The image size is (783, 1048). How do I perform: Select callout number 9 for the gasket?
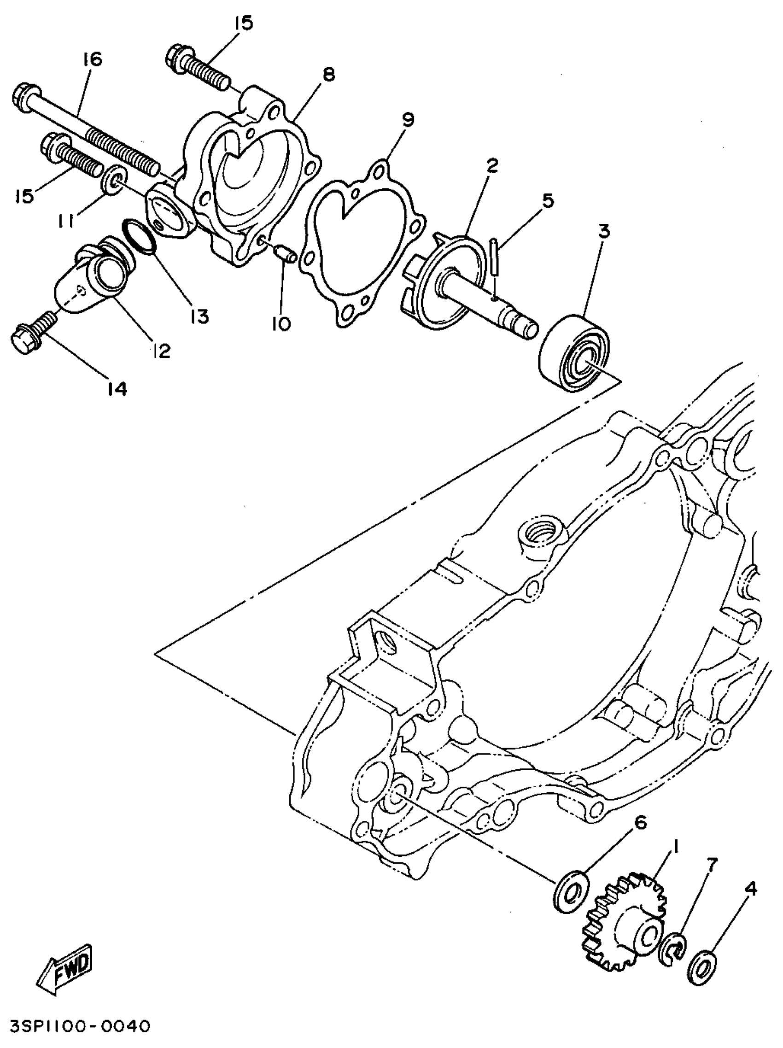click(407, 119)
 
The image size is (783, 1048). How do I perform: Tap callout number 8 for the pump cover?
click(328, 74)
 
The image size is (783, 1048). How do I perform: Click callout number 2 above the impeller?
click(492, 165)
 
